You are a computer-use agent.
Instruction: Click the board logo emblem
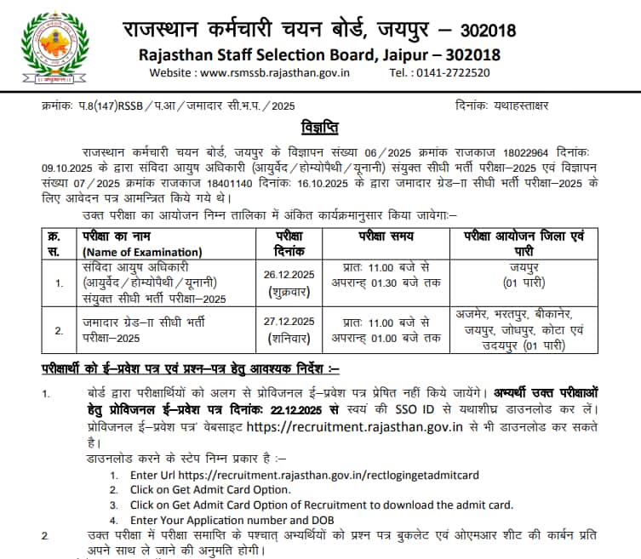coord(54,48)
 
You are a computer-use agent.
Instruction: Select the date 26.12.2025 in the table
coord(291,274)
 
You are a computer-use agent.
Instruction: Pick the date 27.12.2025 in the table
coord(291,321)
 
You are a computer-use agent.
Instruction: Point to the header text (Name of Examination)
coord(142,251)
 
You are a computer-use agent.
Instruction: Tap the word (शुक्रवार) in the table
coord(291,289)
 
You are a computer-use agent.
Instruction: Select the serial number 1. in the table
coord(59,282)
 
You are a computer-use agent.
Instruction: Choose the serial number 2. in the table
coord(59,328)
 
